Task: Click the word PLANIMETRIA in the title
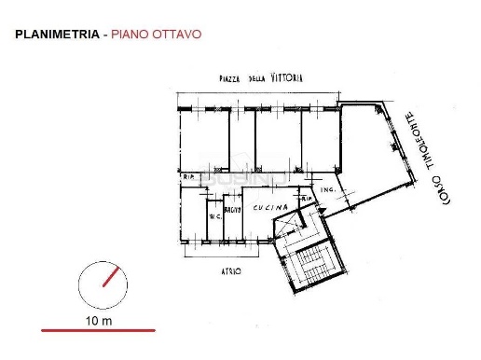click(x=57, y=36)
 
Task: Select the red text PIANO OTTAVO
click(x=155, y=36)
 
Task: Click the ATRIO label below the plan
click(x=231, y=270)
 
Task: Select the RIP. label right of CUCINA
click(x=305, y=198)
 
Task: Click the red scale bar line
click(x=98, y=330)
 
